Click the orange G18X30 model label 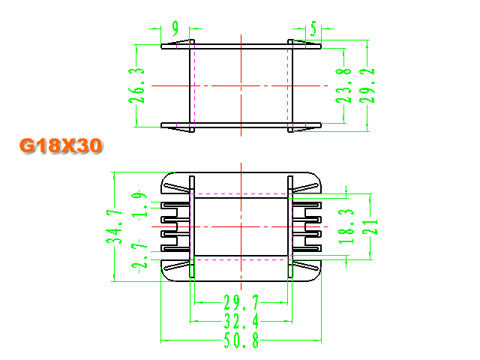click(x=61, y=145)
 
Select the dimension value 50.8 click(x=241, y=340)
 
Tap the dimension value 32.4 click(x=241, y=321)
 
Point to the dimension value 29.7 click(x=241, y=302)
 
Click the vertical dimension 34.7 click(x=114, y=226)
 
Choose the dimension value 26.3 click(x=136, y=85)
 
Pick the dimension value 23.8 click(x=343, y=85)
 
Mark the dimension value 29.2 click(x=367, y=85)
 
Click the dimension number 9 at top click(x=175, y=28)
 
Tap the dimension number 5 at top click(x=313, y=28)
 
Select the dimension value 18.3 click(x=346, y=226)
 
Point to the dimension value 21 click(x=370, y=226)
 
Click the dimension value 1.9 click(x=139, y=205)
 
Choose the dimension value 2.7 click(x=139, y=257)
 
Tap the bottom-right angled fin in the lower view click(x=305, y=266)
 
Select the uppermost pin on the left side click(x=175, y=205)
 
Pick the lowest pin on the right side click(x=307, y=248)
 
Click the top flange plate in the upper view click(x=241, y=46)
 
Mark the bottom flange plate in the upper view click(x=241, y=125)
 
